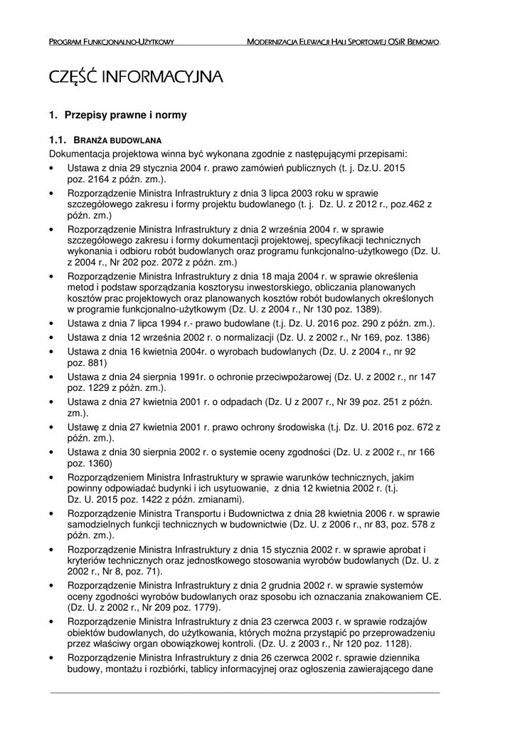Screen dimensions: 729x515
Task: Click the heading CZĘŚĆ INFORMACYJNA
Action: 136,77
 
